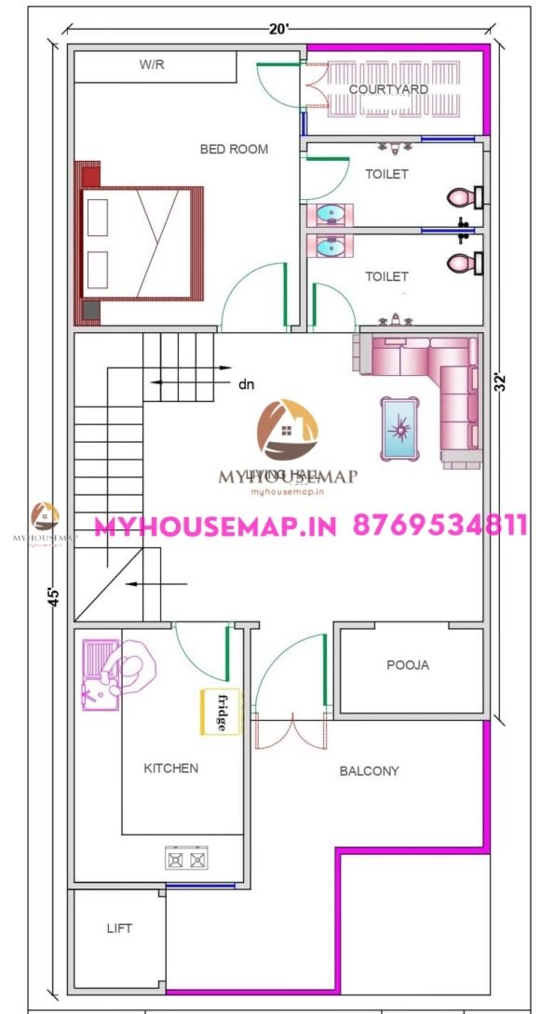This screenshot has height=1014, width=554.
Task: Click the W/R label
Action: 152,64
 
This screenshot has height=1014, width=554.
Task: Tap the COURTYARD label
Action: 388,89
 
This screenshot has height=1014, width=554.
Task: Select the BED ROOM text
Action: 234,149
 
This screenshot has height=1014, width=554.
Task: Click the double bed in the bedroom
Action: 142,243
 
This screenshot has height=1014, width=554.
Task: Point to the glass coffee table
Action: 402,427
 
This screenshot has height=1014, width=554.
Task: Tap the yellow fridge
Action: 221,712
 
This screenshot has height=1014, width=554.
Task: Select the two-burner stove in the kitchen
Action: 186,858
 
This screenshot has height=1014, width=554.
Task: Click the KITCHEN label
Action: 170,768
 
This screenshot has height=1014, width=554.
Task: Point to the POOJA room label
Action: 408,665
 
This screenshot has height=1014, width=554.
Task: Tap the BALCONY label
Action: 369,771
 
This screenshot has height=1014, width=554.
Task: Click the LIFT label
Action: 119,928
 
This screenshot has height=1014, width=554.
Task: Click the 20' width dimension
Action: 278,29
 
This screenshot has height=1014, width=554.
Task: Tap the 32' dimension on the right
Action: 502,383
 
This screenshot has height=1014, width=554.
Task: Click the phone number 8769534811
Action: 440,526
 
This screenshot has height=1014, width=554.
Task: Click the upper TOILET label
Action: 386,174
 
